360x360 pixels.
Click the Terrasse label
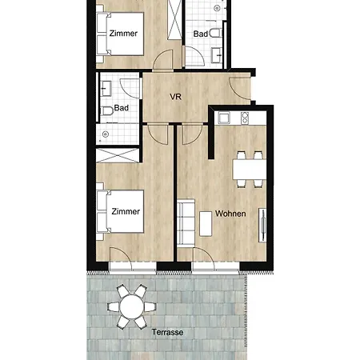pyautogui.click(x=167, y=332)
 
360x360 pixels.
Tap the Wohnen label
pyautogui.click(x=230, y=214)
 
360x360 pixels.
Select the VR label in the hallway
pyautogui.click(x=175, y=97)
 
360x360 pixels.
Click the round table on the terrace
pyautogui.click(x=132, y=307)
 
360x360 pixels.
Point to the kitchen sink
pyautogui.click(x=224, y=118)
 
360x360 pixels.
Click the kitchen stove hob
pyautogui.click(x=245, y=118)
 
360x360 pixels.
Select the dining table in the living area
pyautogui.click(x=250, y=170)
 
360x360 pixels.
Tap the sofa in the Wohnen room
pyautogui.click(x=186, y=222)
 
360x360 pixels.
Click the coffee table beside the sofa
pyautogui.click(x=206, y=224)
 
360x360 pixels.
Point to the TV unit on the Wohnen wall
pyautogui.click(x=262, y=225)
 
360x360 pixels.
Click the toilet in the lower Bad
pyautogui.click(x=107, y=111)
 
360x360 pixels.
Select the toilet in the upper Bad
pyautogui.click(x=216, y=33)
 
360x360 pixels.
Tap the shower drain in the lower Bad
pyautogui.click(x=106, y=134)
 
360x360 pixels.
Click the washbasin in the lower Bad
pyautogui.click(x=106, y=89)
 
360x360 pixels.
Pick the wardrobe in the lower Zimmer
pyautogui.click(x=118, y=155)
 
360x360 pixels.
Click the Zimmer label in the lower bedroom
pyautogui.click(x=126, y=211)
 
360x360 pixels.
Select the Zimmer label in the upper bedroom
pyautogui.click(x=123, y=34)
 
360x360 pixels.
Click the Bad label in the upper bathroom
pyautogui.click(x=201, y=34)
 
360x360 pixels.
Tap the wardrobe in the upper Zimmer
pyautogui.click(x=174, y=20)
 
